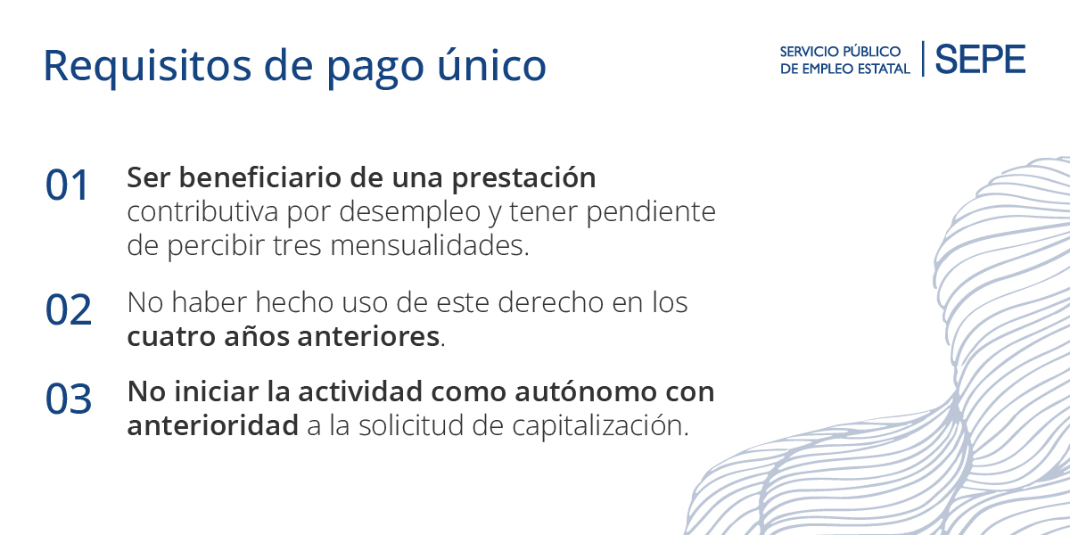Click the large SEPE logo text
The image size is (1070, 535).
pos(980,60)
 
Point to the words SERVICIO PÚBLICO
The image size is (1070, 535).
pos(840,52)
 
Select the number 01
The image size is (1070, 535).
pos(68,186)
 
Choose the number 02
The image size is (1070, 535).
pos(69,309)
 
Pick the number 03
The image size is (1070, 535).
pos(69,399)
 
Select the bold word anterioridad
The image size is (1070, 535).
pos(212,426)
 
